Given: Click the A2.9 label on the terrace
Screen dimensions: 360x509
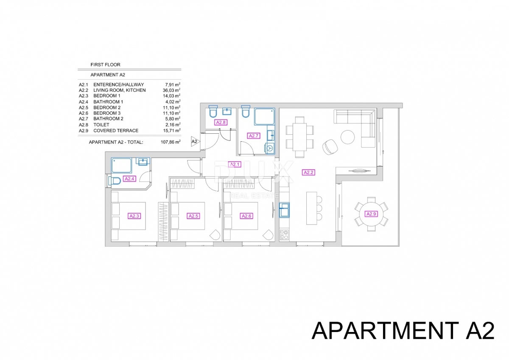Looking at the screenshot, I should pos(371,214).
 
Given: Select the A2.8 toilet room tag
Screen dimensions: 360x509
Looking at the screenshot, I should pos(221,122).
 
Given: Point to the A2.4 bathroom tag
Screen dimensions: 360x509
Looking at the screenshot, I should pos(129,179).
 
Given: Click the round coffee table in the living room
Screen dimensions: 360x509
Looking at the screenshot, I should pos(347,136).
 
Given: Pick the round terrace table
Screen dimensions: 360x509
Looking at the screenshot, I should pos(371,214).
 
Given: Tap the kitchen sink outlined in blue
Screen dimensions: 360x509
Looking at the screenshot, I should pos(284,210).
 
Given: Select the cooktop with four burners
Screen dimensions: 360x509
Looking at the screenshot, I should pos(284,235).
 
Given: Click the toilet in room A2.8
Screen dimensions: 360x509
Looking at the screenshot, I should pos(213,112).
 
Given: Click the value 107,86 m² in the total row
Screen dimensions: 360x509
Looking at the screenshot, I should pos(170,142).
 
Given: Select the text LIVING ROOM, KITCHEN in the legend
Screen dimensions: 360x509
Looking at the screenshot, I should pos(119,90).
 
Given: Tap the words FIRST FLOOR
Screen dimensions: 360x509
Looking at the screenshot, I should pos(105,65).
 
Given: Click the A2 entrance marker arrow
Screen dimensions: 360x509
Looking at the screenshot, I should pos(196,141).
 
